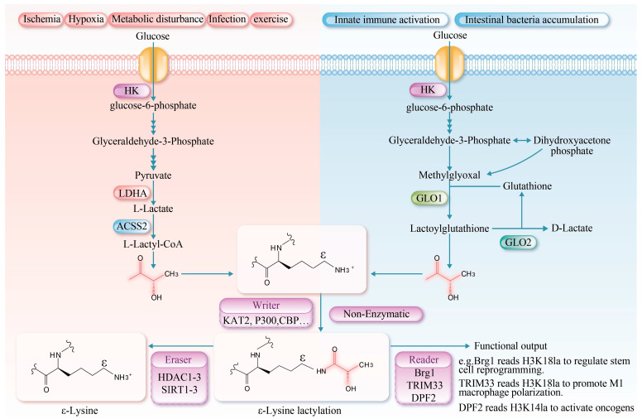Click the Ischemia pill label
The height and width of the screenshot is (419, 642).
point(41,19)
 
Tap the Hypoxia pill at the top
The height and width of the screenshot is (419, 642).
point(86,19)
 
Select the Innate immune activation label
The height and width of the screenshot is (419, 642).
point(386,20)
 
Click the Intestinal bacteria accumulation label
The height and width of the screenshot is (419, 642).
point(531,20)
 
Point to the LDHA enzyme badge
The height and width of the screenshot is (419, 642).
point(132,193)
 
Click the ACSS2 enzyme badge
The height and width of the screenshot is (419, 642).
point(132,226)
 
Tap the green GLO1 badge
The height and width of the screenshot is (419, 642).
point(429,199)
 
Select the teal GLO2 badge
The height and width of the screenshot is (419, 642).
point(518,243)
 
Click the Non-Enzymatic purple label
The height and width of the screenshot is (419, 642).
point(376,314)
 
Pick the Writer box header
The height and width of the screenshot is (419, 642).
point(266,306)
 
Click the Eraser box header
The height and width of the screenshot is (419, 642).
point(179,359)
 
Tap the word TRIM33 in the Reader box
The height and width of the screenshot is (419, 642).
point(424,385)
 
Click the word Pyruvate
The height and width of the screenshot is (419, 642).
point(153,176)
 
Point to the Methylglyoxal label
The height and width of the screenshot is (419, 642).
point(449,176)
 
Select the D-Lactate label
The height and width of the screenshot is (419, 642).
point(572,228)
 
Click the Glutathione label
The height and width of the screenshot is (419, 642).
point(527,186)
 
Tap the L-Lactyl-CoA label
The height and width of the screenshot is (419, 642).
point(153,244)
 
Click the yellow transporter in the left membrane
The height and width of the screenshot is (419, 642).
point(154,65)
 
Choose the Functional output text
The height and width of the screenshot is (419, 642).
point(510,346)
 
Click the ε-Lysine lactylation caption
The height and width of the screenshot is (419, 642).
point(299,411)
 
